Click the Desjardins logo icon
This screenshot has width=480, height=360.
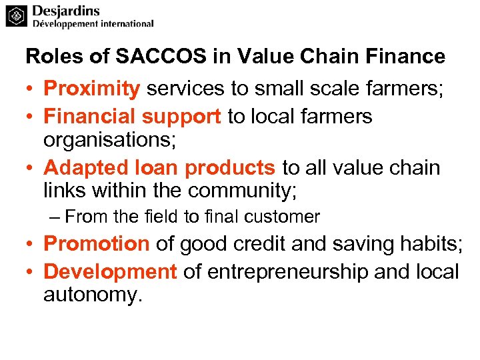click(x=17, y=16)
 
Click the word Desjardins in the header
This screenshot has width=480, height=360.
click(x=66, y=11)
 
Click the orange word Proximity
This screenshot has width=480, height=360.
click(x=92, y=89)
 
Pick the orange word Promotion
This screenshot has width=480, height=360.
click(x=97, y=244)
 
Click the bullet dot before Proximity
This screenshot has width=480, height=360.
click(x=31, y=89)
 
